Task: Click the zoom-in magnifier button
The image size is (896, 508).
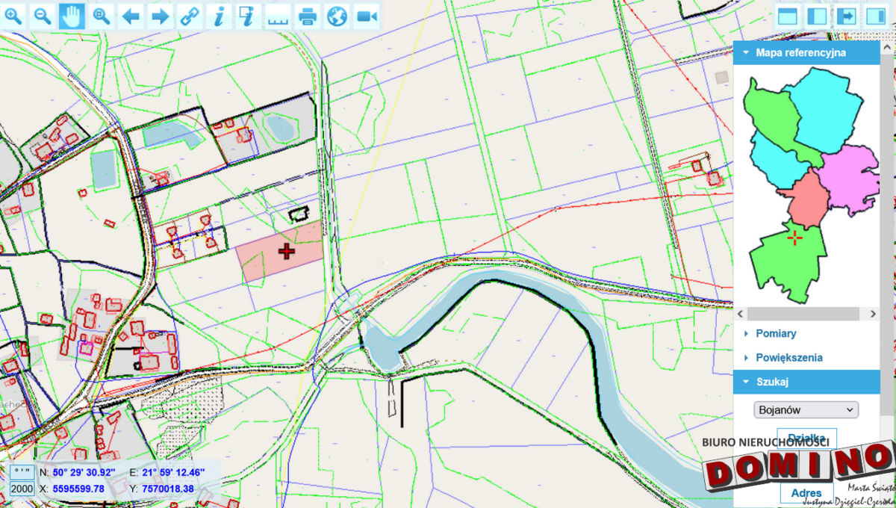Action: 14,16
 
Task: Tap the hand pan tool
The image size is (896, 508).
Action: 72,16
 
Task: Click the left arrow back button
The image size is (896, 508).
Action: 131,16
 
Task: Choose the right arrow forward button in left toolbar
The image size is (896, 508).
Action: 160,16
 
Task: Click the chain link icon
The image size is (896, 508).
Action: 190,16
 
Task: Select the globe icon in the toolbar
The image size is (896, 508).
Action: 337,16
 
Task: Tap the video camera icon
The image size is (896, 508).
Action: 366,16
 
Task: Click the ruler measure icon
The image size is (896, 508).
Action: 278,16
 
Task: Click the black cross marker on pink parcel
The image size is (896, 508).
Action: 287,251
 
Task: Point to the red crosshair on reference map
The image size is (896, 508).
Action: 795,238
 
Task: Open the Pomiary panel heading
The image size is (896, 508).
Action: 776,333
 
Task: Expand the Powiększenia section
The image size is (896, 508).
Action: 788,357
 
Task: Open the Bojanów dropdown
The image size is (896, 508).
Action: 806,409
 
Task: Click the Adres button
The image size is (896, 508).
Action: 806,493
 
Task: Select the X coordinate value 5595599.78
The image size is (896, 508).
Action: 78,489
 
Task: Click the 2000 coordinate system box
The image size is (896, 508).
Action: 22,489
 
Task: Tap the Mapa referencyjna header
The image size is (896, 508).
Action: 800,53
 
